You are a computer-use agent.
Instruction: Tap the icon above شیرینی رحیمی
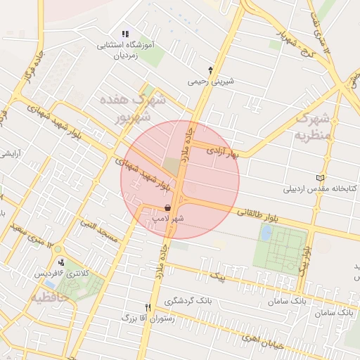click(x=210, y=69)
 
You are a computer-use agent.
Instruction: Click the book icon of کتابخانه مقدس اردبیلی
click(x=322, y=178)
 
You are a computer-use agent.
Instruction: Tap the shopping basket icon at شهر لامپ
click(x=167, y=207)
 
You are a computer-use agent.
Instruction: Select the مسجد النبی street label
click(x=97, y=229)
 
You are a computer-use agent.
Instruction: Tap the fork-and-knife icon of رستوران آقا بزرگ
click(x=148, y=307)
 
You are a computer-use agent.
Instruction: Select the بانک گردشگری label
click(x=188, y=301)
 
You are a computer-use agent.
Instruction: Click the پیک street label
click(x=221, y=276)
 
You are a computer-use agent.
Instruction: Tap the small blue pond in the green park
click(x=265, y=233)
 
